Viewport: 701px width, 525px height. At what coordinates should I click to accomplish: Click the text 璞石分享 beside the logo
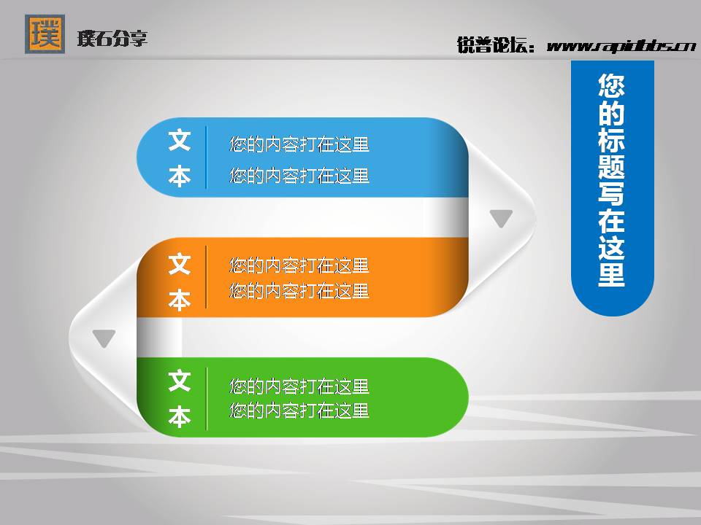[112, 38]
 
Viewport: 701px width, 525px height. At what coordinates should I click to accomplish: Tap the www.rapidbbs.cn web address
[621, 46]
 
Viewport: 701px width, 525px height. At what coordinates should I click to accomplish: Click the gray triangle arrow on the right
[501, 218]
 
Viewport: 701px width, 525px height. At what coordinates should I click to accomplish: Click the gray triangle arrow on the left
[104, 338]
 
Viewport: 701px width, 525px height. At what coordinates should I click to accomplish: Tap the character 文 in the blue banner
[180, 141]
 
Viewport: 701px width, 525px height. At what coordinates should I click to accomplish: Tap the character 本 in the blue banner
[180, 176]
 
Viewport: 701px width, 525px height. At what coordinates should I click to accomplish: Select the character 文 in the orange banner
[180, 264]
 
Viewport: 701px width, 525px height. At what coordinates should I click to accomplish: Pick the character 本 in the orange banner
[180, 299]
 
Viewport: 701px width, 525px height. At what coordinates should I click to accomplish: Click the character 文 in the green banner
[180, 381]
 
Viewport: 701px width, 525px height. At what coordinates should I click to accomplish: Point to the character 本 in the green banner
[180, 416]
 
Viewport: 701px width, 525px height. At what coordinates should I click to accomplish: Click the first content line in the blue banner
[299, 144]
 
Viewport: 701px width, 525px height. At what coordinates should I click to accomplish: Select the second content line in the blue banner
[299, 176]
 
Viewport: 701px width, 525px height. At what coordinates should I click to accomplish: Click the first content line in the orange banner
[299, 265]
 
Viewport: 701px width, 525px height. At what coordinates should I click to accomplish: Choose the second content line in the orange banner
[299, 291]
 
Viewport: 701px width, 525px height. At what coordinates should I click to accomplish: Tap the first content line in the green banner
[299, 385]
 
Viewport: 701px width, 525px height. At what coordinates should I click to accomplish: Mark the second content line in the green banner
[299, 411]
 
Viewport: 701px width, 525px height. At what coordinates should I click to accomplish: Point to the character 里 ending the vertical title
[612, 275]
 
